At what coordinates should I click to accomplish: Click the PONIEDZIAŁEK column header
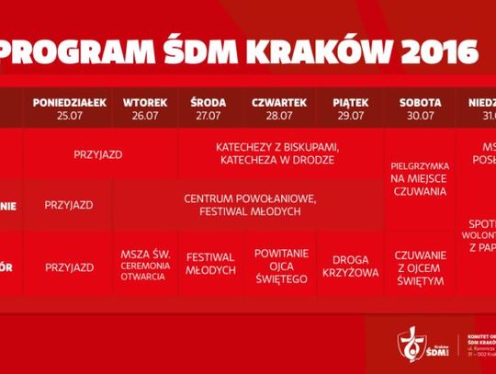[70, 102]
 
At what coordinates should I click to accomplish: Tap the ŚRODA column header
[209, 102]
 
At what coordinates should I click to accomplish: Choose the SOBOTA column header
[421, 102]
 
